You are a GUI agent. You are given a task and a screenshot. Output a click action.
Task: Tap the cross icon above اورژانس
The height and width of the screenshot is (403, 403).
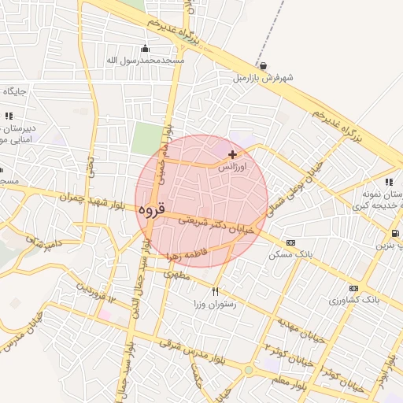pos(232,154)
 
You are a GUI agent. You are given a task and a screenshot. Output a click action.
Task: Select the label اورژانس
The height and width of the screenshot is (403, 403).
pos(232,168)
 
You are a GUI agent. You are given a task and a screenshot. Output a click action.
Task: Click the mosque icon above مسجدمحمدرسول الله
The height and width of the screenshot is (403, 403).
pos(144,47)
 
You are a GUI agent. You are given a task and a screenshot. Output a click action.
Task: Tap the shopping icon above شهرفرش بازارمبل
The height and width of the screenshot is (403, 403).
pos(262,66)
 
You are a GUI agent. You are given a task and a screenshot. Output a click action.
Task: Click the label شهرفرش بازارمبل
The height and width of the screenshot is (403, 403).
pos(262,79)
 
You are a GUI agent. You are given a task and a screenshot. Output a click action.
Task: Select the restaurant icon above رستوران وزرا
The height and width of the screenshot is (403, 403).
pos(216,290)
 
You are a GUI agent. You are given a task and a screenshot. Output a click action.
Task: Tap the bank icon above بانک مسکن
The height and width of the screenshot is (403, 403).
pos(291,242)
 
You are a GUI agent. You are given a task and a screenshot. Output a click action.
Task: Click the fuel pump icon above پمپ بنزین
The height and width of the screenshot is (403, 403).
pos(394,233)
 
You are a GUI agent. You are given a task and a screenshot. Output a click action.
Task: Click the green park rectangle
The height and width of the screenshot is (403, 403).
pos(146,139)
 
